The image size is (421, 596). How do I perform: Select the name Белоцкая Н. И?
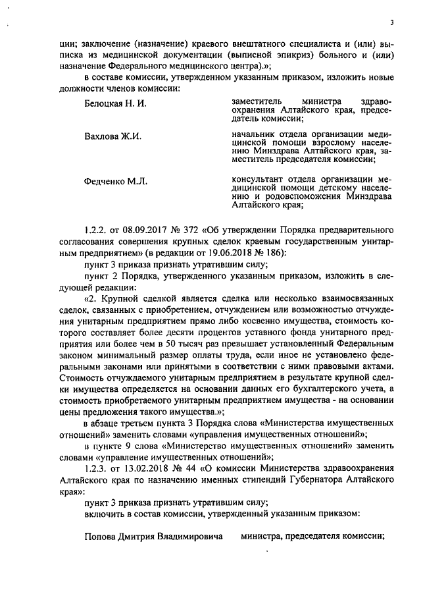[115, 104]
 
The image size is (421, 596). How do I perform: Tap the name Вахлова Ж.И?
[112, 137]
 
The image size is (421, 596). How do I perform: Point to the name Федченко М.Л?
[116, 180]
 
